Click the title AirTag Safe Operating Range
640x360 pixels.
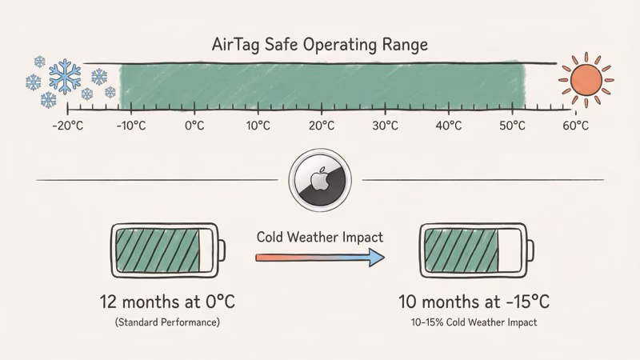coord(320,45)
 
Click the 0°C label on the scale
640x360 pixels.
coord(194,126)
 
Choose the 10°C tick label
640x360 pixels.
coord(258,126)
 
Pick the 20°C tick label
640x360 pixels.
coord(322,126)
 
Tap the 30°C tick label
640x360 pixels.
coord(385,126)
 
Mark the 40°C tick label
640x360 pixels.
coord(449,126)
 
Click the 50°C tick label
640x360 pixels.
coord(512,126)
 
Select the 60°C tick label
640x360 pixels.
coord(575,126)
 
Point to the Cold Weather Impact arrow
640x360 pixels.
coord(320,258)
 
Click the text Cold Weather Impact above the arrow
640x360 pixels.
coord(320,238)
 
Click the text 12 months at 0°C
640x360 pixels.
coord(167,303)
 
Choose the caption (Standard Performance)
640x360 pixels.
coord(167,322)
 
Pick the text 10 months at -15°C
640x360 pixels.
coord(474,303)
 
